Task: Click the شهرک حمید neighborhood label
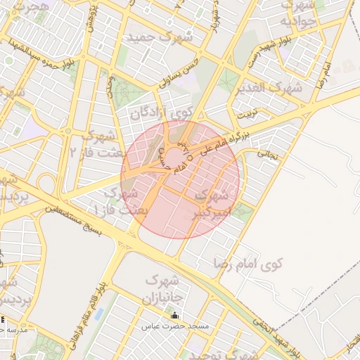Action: click(x=159, y=37)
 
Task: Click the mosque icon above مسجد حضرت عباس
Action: click(x=175, y=315)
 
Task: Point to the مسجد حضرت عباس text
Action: click(x=175, y=326)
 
